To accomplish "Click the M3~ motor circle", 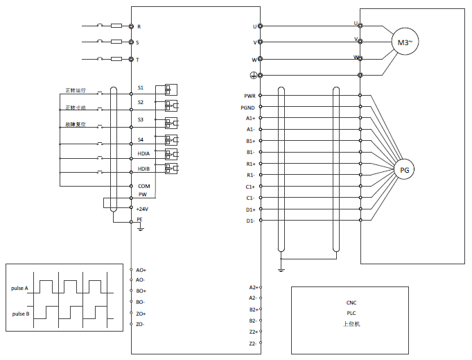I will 405,42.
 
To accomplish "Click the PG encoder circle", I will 405,169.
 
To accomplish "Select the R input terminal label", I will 139,26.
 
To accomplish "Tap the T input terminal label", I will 138,60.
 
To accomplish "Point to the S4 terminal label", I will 141,141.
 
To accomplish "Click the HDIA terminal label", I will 143,153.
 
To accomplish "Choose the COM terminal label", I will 143,186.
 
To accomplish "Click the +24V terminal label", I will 142,209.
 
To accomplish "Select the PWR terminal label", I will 250,96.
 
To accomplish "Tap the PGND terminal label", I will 248,108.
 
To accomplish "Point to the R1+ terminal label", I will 251,164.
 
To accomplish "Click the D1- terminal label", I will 250,221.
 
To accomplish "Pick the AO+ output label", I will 141,269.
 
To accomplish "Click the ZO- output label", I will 141,324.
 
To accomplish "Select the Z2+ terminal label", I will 253,332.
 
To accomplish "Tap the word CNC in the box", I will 351,302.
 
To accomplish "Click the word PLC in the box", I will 351,313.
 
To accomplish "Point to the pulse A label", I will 20,288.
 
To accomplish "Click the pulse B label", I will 20,314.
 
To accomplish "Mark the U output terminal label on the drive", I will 254,26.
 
